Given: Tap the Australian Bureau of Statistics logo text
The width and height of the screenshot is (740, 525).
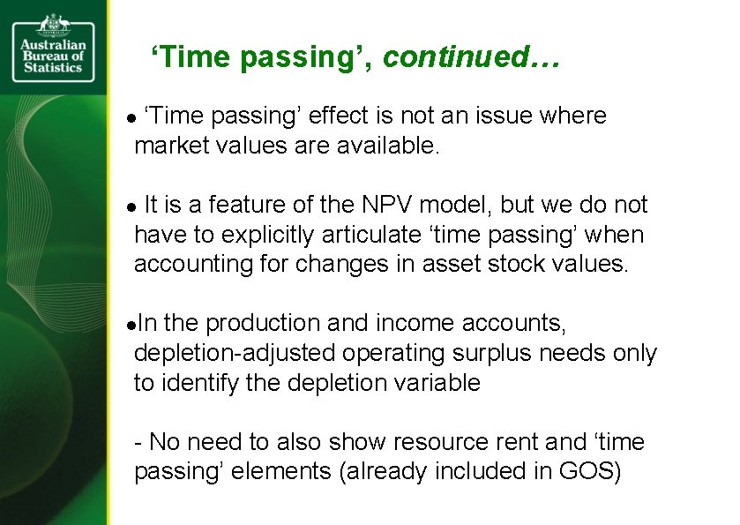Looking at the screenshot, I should click(53, 56).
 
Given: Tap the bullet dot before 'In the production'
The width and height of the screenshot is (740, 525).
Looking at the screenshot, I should click(131, 326).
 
